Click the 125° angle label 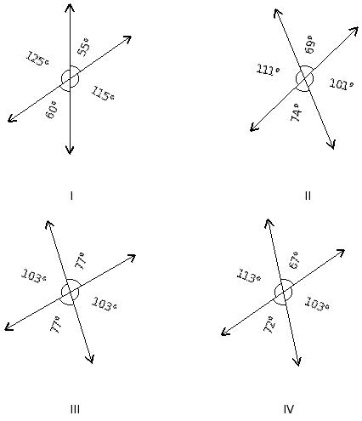[37, 59]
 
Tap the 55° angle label [84, 47]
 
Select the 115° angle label [103, 94]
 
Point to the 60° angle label [52, 110]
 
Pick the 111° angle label [268, 70]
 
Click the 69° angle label [309, 44]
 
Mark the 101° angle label [342, 84]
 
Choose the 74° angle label [297, 112]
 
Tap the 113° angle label [248, 276]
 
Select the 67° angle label [294, 260]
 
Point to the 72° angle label [269, 324]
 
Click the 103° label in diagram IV [317, 304]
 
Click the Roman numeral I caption [71, 196]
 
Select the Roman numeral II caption [308, 196]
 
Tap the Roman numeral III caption [75, 409]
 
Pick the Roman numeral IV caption [288, 409]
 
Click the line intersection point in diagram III [70, 292]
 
